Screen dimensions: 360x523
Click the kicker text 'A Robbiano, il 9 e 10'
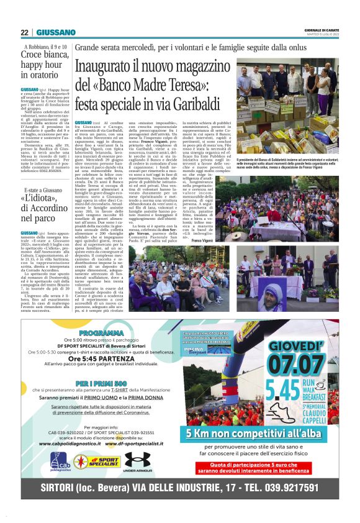pyautogui.click(x=47, y=46)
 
